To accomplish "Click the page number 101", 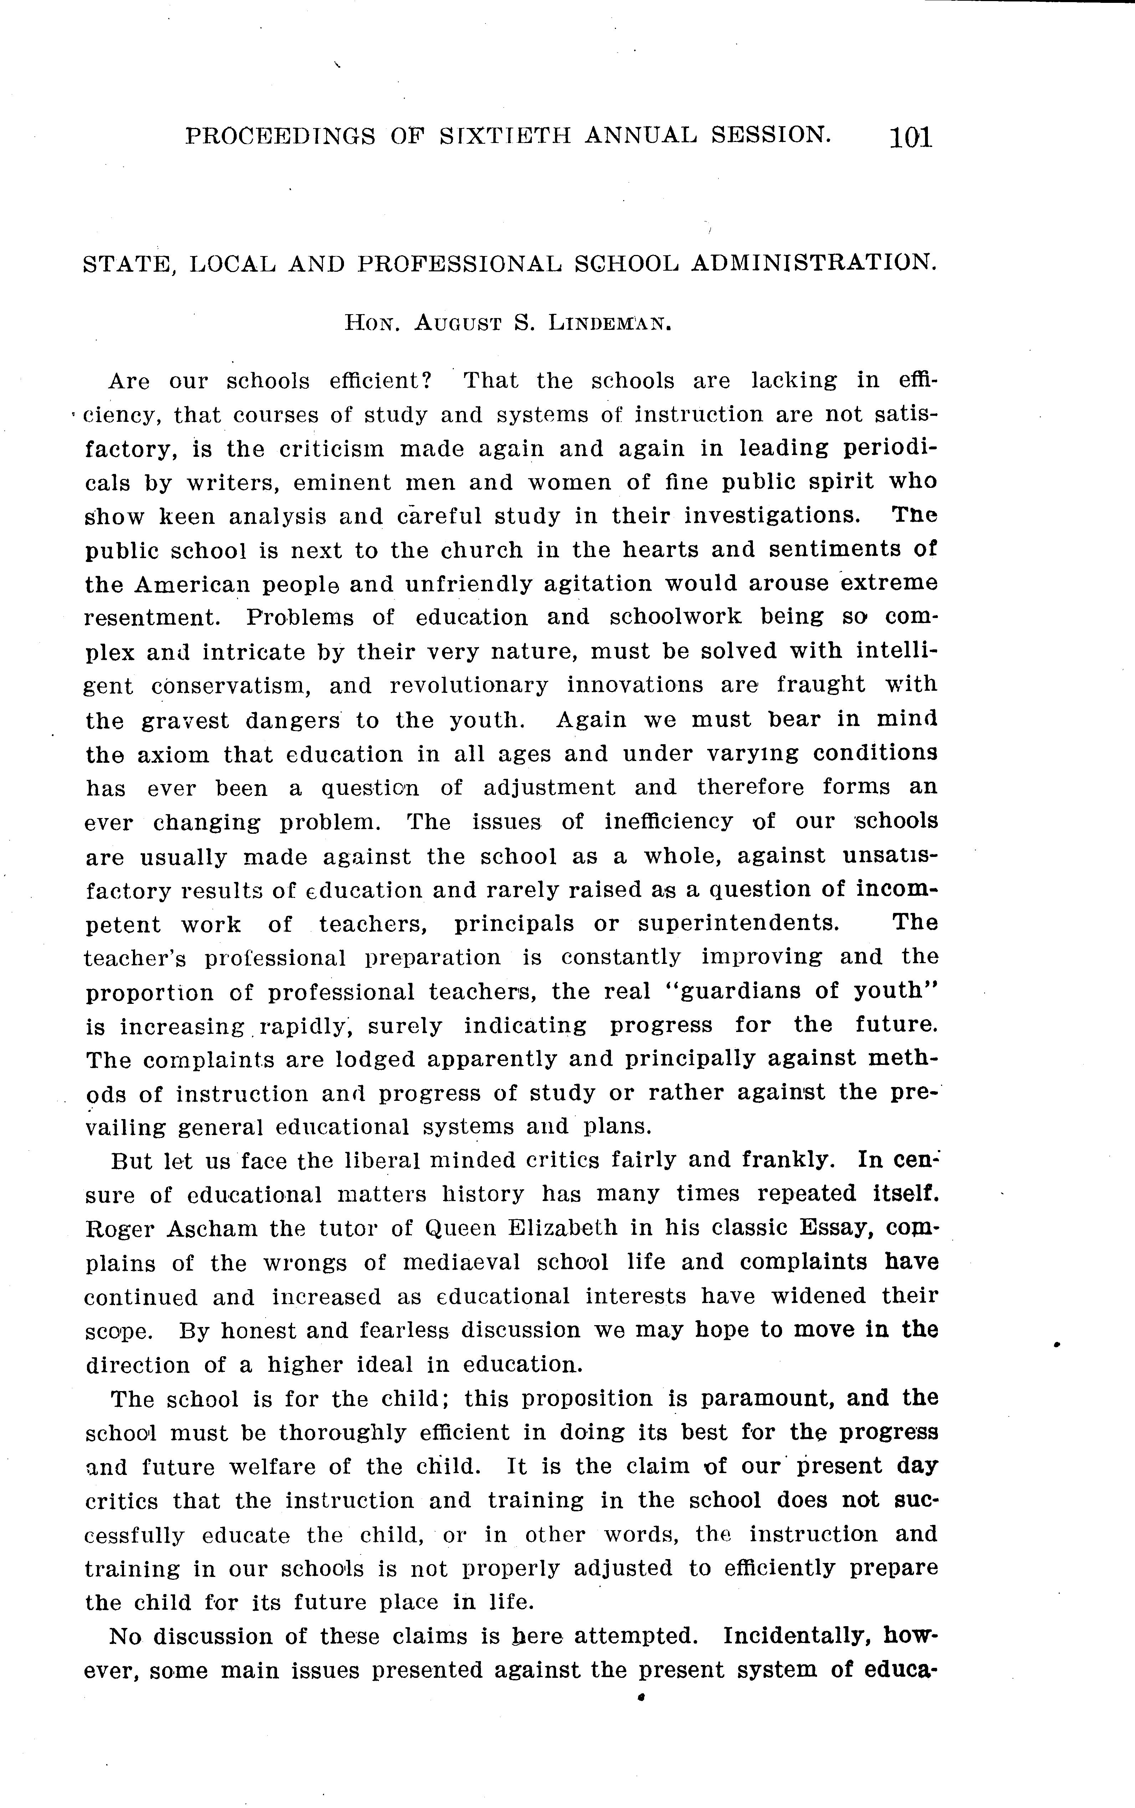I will tap(910, 137).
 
